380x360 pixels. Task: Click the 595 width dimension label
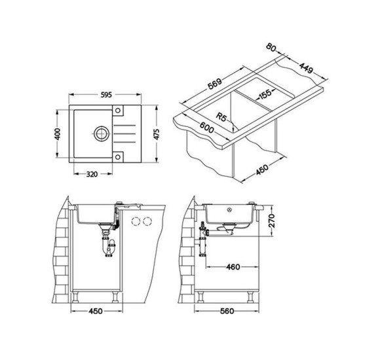[106, 95]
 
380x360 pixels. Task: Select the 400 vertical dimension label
[58, 134]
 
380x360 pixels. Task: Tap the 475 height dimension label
[157, 134]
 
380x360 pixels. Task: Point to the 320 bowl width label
[92, 174]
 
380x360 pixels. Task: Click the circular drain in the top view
[102, 134]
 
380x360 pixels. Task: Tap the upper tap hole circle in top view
[118, 111]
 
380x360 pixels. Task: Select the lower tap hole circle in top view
[118, 157]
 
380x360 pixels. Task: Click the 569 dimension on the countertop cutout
[215, 84]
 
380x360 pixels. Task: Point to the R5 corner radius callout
[221, 117]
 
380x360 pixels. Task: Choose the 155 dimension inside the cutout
[265, 94]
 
